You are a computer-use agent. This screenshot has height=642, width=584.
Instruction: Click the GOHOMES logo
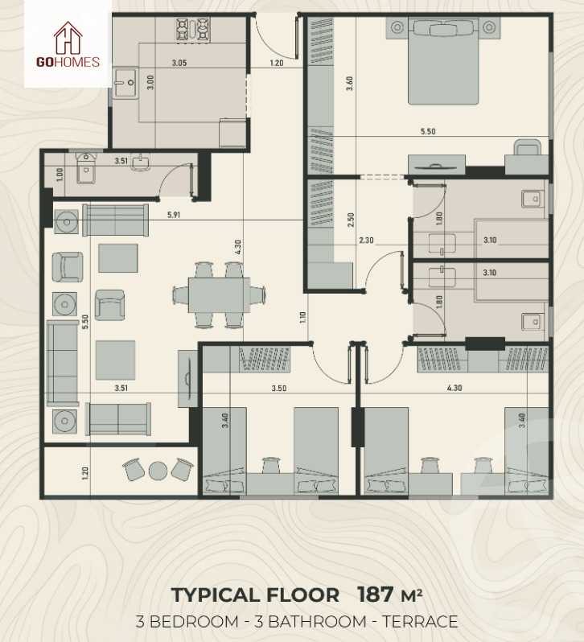(x=68, y=46)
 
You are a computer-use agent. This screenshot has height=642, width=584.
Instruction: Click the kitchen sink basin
(x=125, y=81)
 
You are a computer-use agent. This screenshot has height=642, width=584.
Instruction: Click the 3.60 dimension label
(x=349, y=84)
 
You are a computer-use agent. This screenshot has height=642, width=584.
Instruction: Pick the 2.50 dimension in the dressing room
(x=350, y=220)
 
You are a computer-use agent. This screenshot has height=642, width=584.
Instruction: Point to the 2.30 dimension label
(x=366, y=239)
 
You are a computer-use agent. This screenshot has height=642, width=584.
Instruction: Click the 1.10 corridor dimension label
(x=303, y=316)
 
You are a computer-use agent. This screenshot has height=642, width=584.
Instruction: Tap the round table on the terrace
(x=158, y=470)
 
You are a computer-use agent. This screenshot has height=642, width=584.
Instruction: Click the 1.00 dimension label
(x=60, y=173)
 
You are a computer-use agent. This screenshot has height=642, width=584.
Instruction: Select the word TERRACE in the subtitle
(x=419, y=621)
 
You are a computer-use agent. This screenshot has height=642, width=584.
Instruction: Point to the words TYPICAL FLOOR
(x=255, y=595)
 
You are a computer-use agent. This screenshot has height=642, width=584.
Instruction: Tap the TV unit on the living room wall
(x=188, y=377)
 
